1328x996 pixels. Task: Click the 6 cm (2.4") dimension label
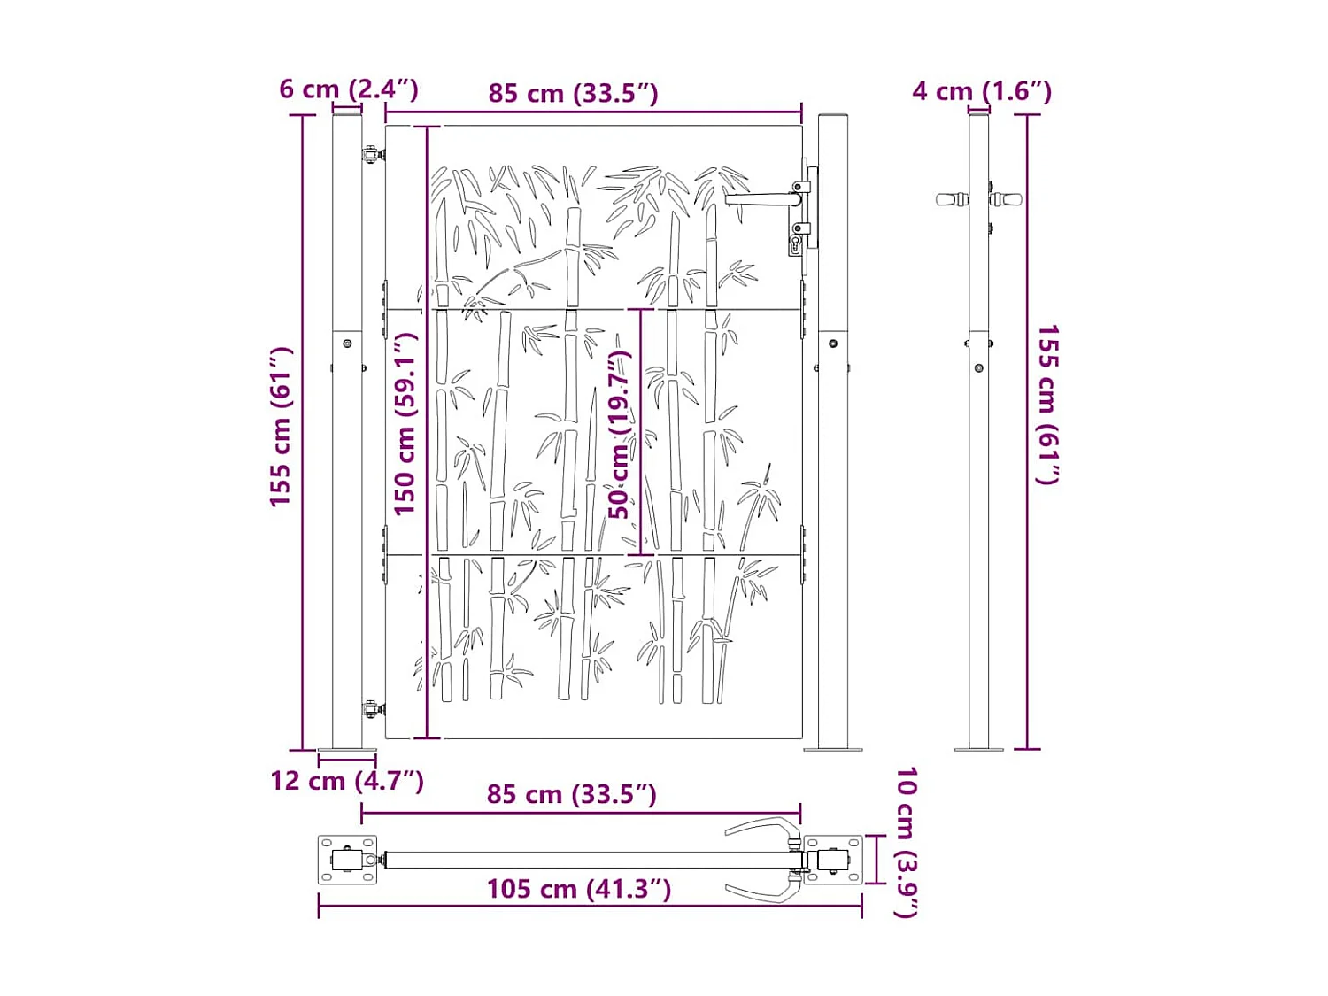pyautogui.click(x=348, y=89)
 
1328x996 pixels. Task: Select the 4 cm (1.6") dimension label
pyautogui.click(x=982, y=91)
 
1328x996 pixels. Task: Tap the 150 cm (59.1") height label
pyautogui.click(x=405, y=424)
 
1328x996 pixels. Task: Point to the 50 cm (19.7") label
pyautogui.click(x=620, y=434)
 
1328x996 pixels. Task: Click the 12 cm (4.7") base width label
pyautogui.click(x=347, y=781)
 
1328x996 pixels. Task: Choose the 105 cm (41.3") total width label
pyautogui.click(x=579, y=889)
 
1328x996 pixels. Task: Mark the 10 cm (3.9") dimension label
pyautogui.click(x=906, y=842)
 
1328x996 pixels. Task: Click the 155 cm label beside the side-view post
pyautogui.click(x=1048, y=405)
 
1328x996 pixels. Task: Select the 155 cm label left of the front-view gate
pyautogui.click(x=281, y=427)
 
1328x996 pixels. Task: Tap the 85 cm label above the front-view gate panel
pyautogui.click(x=573, y=94)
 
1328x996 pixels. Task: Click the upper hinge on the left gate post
pyautogui.click(x=374, y=155)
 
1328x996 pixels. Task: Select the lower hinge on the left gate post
pyautogui.click(x=374, y=708)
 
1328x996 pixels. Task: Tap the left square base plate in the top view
pyautogui.click(x=347, y=860)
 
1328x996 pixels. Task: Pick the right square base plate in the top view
pyautogui.click(x=833, y=860)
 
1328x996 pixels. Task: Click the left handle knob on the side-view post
pyautogui.click(x=952, y=200)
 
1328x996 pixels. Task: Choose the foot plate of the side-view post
pyautogui.click(x=978, y=750)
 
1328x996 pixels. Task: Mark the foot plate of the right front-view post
pyautogui.click(x=833, y=750)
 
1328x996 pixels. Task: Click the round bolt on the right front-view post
pyautogui.click(x=833, y=344)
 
